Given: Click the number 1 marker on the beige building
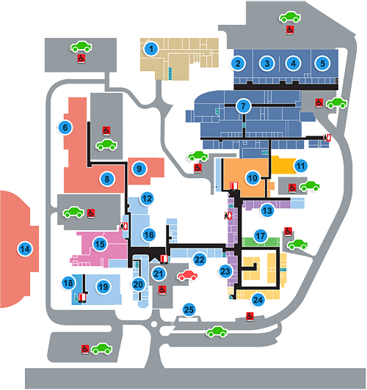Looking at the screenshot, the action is click(x=151, y=48).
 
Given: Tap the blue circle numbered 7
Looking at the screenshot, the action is click(x=243, y=106).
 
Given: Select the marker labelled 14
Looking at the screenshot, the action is click(x=25, y=249).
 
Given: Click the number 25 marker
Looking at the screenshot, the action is click(x=189, y=309).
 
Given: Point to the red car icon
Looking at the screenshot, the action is click(x=187, y=276).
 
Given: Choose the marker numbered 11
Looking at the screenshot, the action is click(x=300, y=166).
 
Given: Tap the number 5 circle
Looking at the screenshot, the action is click(x=322, y=63).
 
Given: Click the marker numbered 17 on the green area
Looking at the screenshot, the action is click(x=261, y=235).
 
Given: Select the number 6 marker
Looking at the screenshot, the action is click(x=65, y=128).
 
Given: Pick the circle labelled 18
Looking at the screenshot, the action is click(x=68, y=283).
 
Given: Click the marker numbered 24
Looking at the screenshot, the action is click(x=258, y=300).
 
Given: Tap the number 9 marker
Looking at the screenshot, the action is click(x=139, y=169).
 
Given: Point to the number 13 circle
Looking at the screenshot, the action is click(x=267, y=210).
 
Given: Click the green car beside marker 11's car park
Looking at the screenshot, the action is click(x=310, y=186).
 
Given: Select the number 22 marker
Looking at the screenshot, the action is click(x=200, y=260).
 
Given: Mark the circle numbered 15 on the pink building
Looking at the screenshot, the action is click(x=100, y=244).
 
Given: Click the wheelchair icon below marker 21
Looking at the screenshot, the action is click(x=162, y=290).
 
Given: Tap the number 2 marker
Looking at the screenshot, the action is click(x=238, y=64).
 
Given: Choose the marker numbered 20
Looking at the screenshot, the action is click(x=138, y=284).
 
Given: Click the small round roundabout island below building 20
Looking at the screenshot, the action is click(x=154, y=324).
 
